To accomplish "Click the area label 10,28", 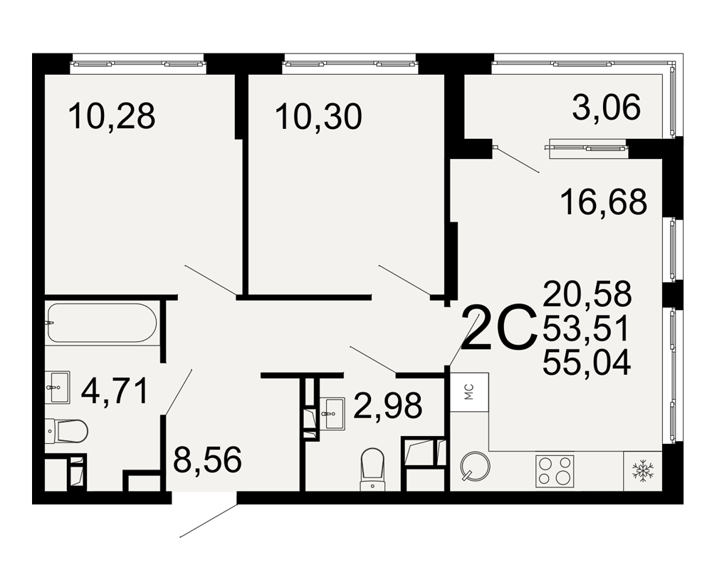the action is point(112,116).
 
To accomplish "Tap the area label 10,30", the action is point(318,116).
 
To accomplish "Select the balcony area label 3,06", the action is point(606,108).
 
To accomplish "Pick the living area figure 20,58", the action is point(587,293).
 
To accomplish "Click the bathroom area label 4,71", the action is point(115,391).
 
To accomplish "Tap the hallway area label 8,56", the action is point(207,460).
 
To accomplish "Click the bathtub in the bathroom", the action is point(101,323).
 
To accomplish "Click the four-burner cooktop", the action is point(555,471).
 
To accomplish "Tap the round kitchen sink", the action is point(475,466).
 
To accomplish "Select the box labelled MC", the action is point(469,392).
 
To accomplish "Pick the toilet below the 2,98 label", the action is point(372,470).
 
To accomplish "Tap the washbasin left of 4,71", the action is point(58,387).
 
